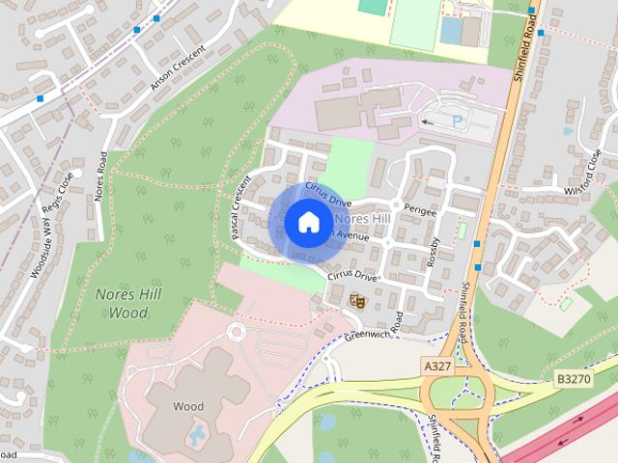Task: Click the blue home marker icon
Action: tap(307, 222)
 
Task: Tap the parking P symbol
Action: tap(457, 122)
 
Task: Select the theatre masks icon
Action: tap(357, 301)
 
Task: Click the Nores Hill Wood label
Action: tap(122, 303)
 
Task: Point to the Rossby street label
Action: tap(434, 253)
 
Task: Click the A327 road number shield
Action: tap(436, 366)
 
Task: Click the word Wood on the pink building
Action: tap(188, 406)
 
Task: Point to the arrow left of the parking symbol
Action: tap(428, 123)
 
